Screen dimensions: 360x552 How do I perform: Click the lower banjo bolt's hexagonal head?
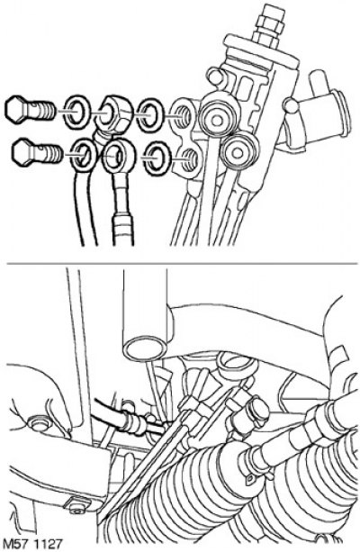[24, 152]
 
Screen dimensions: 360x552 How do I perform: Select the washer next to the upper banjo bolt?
[77, 111]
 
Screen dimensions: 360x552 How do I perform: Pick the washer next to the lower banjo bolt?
[84, 155]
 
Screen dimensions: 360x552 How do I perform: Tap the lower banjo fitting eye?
[116, 156]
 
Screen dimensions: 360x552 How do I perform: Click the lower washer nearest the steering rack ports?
[157, 158]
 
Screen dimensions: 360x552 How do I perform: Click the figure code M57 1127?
[32, 543]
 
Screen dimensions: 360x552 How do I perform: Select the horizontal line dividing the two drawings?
[183, 263]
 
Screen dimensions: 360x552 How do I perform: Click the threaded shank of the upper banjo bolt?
[42, 110]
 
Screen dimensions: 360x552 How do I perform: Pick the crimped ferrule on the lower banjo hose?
[122, 230]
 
